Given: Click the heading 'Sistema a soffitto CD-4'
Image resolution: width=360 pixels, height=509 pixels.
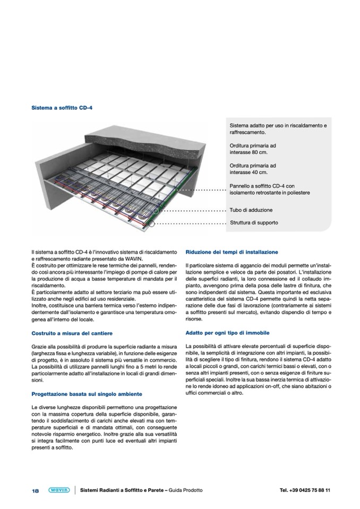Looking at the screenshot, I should [62, 108].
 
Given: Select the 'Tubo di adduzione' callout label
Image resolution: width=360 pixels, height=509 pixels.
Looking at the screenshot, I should [251, 210].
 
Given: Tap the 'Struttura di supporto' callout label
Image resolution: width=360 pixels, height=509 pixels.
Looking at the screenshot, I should [254, 222].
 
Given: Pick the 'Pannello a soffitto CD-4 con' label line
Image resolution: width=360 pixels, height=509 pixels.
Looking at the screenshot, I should [265, 186].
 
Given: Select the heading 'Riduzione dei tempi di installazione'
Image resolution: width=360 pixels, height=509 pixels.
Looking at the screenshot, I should [232, 252].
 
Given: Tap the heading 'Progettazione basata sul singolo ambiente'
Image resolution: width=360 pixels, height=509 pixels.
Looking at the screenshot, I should [87, 394].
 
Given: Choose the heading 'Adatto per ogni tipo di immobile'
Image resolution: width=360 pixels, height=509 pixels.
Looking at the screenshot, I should [227, 333].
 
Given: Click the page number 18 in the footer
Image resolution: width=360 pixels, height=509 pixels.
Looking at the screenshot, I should [36, 490].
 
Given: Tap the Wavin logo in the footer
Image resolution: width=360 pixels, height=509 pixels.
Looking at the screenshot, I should [58, 490].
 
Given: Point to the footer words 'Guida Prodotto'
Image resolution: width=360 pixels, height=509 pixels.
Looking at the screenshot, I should [185, 490].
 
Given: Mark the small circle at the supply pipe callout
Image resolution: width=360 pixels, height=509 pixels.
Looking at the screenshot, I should [156, 210].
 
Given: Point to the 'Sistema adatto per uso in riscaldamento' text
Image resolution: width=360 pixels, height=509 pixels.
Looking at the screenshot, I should [278, 126].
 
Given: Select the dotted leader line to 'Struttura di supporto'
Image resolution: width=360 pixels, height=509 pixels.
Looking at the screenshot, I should [191, 223].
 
